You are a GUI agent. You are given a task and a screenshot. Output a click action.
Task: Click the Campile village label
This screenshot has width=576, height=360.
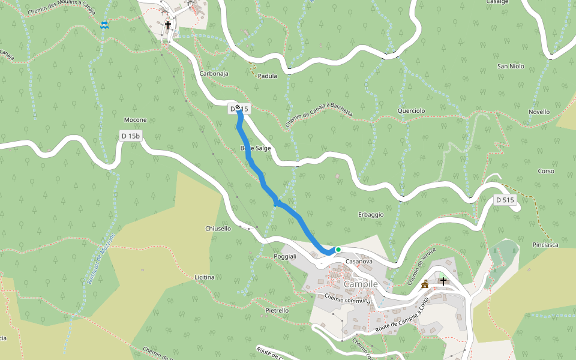(x=361, y=284)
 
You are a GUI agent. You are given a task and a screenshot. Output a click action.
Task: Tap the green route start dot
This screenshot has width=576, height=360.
(x=338, y=250)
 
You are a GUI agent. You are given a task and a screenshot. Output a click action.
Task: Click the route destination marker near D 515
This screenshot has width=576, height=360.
(x=238, y=107)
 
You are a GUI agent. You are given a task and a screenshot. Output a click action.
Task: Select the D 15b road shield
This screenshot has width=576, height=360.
(x=130, y=136)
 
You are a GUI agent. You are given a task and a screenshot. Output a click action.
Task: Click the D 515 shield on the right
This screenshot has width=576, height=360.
(x=506, y=200)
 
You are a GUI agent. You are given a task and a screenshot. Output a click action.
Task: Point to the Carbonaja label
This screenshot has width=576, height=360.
(x=214, y=74)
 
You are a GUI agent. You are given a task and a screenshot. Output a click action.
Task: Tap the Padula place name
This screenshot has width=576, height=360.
(x=267, y=76)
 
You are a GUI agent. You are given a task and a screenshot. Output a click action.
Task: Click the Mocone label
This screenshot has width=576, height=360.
(x=135, y=119)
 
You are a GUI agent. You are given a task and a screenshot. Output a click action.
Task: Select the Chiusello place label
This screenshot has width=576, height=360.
(x=218, y=229)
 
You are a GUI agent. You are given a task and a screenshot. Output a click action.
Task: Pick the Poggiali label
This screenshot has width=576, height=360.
(x=285, y=257)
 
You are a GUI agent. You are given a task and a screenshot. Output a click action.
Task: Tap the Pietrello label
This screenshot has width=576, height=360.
(x=277, y=310)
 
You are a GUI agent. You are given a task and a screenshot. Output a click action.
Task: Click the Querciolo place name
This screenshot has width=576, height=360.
(x=411, y=111)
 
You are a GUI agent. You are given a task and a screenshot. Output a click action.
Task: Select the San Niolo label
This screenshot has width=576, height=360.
(x=511, y=66)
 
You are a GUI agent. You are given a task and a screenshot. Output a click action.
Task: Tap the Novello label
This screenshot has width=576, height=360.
(x=539, y=112)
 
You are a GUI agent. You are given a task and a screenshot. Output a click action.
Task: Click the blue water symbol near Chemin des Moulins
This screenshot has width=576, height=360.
(x=104, y=25)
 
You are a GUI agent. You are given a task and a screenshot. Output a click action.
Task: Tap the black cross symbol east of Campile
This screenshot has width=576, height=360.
(x=443, y=281)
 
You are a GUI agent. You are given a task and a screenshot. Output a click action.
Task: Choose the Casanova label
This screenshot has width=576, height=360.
(x=359, y=262)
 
